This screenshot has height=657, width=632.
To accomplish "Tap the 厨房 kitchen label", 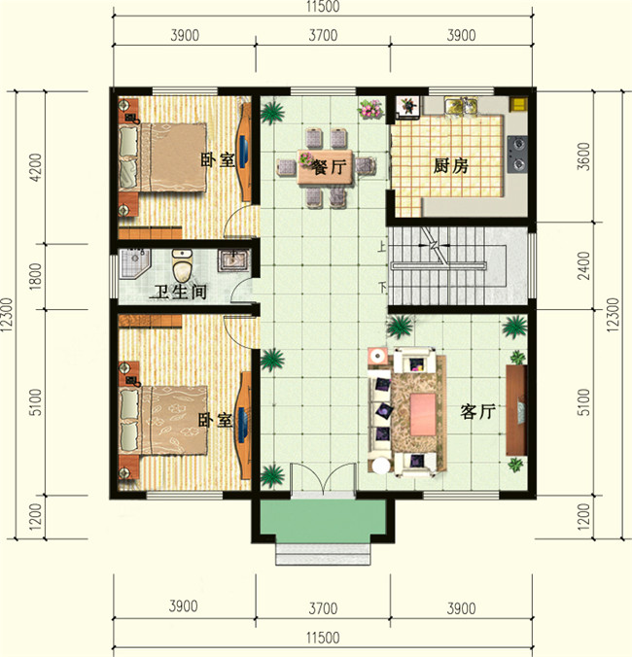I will tap(450, 165).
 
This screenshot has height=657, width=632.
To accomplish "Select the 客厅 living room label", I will tap(477, 412).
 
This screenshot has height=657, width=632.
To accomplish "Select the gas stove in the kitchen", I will tap(518, 146).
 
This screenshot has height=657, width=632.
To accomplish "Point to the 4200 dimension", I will tap(36, 167).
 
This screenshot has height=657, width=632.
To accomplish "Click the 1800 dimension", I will tap(36, 277).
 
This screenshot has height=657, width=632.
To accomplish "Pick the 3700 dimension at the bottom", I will tap(323, 608).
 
